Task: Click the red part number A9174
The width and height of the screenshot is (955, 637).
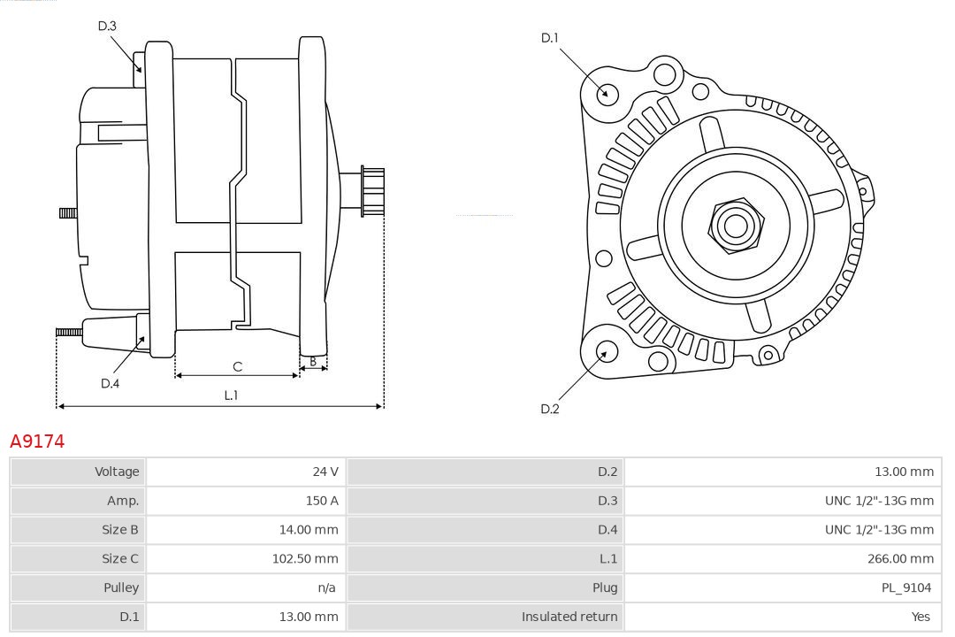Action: click(x=37, y=441)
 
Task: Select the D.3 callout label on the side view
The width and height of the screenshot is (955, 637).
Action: click(x=107, y=26)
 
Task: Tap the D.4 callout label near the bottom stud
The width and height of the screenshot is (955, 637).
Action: click(x=110, y=383)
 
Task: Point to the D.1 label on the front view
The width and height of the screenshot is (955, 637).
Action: click(x=550, y=37)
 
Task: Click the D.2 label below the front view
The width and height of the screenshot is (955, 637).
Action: click(x=550, y=409)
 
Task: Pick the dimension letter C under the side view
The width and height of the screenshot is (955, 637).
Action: click(x=237, y=366)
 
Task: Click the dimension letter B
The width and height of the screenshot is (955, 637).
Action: click(x=313, y=361)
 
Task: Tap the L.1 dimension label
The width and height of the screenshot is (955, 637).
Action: click(x=231, y=395)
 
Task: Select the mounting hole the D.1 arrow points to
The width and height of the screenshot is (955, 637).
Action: click(x=607, y=92)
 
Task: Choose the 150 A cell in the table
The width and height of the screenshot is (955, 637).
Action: click(x=322, y=501)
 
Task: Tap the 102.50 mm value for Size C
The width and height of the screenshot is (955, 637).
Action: click(x=305, y=558)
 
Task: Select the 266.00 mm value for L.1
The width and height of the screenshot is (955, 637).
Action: click(x=900, y=558)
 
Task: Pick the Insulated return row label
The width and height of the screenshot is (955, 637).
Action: click(x=569, y=617)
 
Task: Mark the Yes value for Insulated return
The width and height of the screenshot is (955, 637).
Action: click(x=921, y=617)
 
